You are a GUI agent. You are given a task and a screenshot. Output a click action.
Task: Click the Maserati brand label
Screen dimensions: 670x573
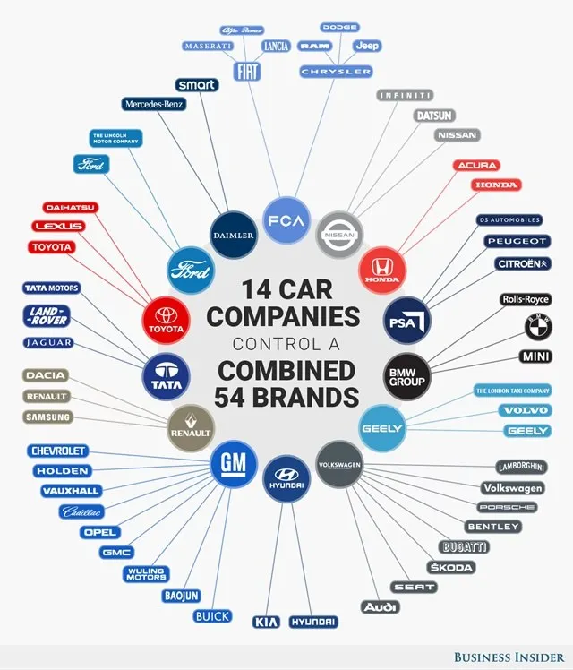(x=208, y=46)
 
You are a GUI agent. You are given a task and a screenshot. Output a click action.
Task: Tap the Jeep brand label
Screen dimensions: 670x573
(x=367, y=45)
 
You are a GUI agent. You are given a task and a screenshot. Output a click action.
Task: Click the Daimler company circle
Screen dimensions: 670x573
(x=235, y=236)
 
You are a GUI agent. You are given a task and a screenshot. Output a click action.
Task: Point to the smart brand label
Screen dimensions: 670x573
(x=196, y=84)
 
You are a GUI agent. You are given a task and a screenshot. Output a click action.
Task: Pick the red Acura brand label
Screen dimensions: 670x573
(x=476, y=165)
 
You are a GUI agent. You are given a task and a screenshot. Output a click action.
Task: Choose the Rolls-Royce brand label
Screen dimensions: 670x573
(x=526, y=299)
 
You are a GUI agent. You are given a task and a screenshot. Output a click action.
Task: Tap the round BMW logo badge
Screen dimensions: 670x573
(x=538, y=328)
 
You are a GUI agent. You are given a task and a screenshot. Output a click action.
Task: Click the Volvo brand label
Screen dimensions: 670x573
(x=524, y=410)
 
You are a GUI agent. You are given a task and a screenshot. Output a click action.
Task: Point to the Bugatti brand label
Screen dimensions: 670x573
(x=465, y=546)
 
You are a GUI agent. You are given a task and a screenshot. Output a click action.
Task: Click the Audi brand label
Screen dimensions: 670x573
(x=380, y=607)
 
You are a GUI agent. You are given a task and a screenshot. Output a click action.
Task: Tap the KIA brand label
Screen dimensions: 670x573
(x=266, y=621)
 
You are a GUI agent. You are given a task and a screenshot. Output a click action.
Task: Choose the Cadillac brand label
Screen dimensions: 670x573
(x=81, y=511)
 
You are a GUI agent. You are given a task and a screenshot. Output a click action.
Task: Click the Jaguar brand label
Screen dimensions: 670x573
(x=49, y=342)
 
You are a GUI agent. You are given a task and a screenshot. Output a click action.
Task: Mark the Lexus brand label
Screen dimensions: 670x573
(x=58, y=227)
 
